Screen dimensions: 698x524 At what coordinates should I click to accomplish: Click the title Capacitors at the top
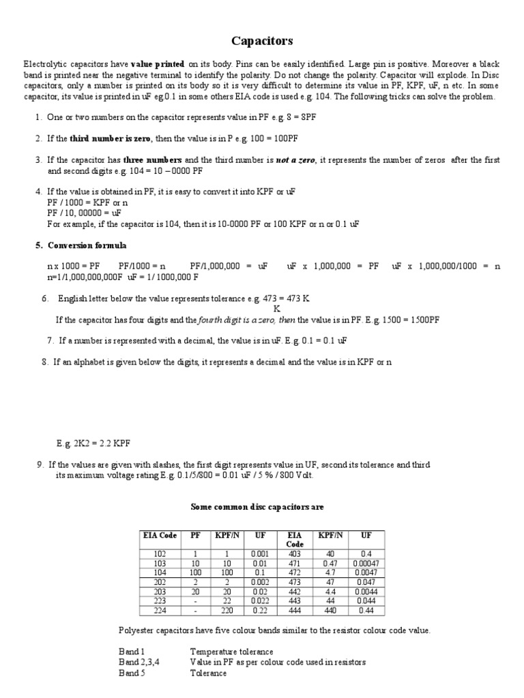pyautogui.click(x=262, y=42)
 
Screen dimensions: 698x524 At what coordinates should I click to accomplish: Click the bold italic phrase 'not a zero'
pyautogui.click(x=295, y=160)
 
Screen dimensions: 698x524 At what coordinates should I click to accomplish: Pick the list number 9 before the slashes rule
pyautogui.click(x=40, y=465)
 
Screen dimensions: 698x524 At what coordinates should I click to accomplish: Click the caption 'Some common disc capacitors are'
pyautogui.click(x=256, y=507)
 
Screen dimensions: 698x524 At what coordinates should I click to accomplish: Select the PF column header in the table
pyautogui.click(x=194, y=536)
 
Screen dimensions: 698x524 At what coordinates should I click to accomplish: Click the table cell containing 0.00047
pyautogui.click(x=366, y=564)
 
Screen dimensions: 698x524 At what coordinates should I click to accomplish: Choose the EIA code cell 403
pyautogui.click(x=294, y=554)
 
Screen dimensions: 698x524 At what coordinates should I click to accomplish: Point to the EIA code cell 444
pyautogui.click(x=294, y=611)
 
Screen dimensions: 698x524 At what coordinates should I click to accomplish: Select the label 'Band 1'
pyautogui.click(x=132, y=652)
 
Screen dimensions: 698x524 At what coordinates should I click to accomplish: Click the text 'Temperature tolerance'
pyautogui.click(x=231, y=652)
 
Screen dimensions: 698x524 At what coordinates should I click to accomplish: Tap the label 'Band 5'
pyautogui.click(x=132, y=673)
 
